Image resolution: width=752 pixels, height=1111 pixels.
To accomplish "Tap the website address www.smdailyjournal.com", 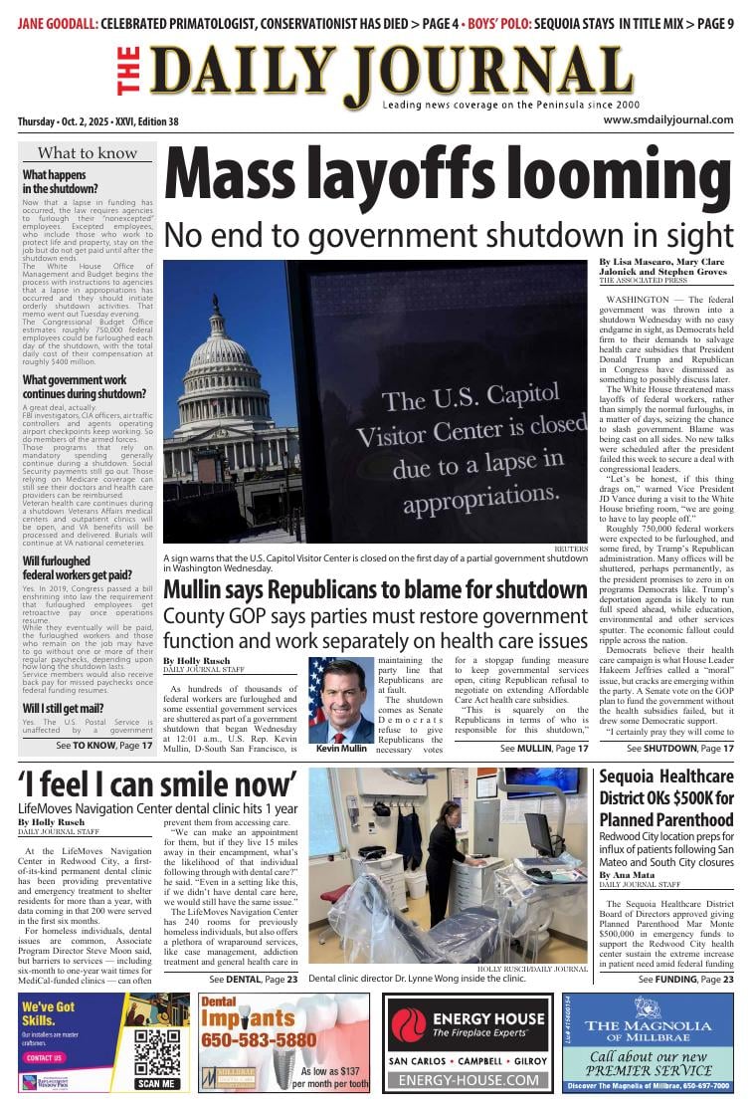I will [667, 120].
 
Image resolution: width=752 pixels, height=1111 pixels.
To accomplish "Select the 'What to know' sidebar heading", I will [88, 153].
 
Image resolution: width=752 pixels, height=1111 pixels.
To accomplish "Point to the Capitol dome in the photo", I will [220, 342].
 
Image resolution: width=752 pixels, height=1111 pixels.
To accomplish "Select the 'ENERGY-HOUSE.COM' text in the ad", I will [468, 1079].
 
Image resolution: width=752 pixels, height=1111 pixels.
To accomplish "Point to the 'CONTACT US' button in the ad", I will [44, 1057].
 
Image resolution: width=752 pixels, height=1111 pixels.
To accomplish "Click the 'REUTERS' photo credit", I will [571, 549].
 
